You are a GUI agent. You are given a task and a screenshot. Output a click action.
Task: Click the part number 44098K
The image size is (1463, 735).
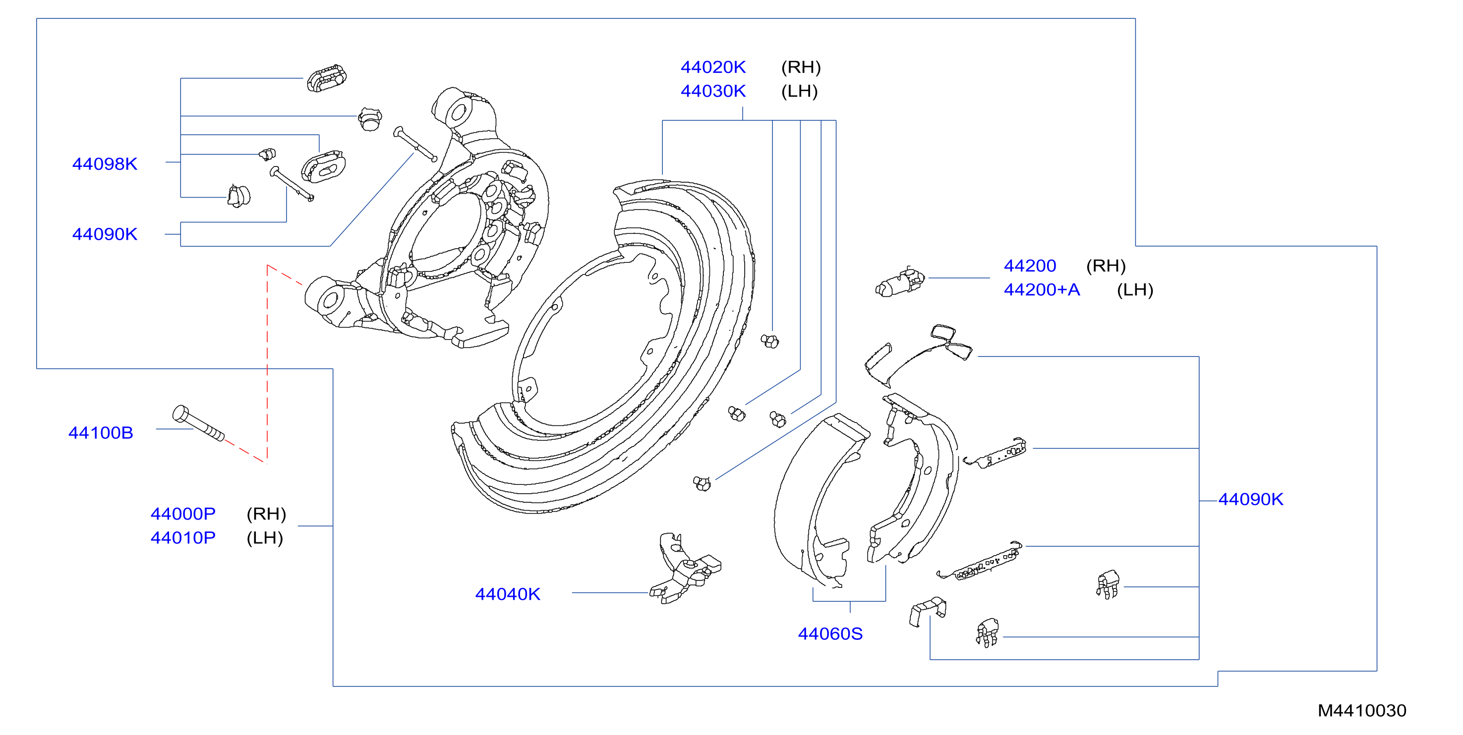[105, 164]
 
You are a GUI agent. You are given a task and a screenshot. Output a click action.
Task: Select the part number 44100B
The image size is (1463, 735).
[101, 433]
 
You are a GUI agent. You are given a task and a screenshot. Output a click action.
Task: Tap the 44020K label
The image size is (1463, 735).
[713, 67]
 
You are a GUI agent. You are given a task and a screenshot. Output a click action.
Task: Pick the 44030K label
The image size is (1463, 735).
[713, 91]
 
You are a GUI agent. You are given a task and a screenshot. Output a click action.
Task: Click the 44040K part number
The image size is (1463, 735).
[507, 594]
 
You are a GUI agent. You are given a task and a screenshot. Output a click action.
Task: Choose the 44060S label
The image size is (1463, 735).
[830, 634]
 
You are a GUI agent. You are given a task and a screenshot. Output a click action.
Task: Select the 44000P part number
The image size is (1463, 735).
[183, 514]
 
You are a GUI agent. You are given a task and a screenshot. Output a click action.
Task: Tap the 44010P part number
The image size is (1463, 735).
[183, 537]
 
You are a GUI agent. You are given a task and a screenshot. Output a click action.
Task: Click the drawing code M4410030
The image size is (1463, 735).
[1362, 711]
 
